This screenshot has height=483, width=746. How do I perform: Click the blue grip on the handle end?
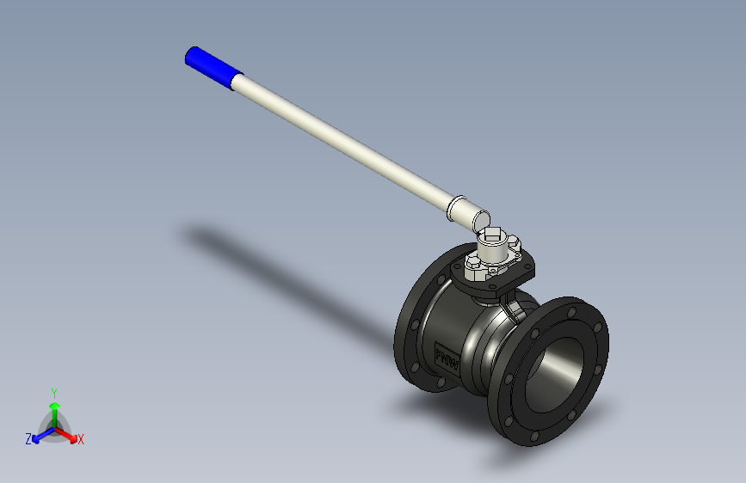tap(208, 67)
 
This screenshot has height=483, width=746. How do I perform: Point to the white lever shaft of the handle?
tap(344, 144)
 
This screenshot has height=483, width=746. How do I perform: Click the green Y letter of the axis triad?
tap(54, 392)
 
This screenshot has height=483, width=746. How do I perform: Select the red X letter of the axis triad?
tap(81, 440)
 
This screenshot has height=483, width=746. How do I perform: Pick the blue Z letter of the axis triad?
tap(28, 438)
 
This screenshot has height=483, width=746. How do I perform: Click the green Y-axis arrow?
tap(54, 408)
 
